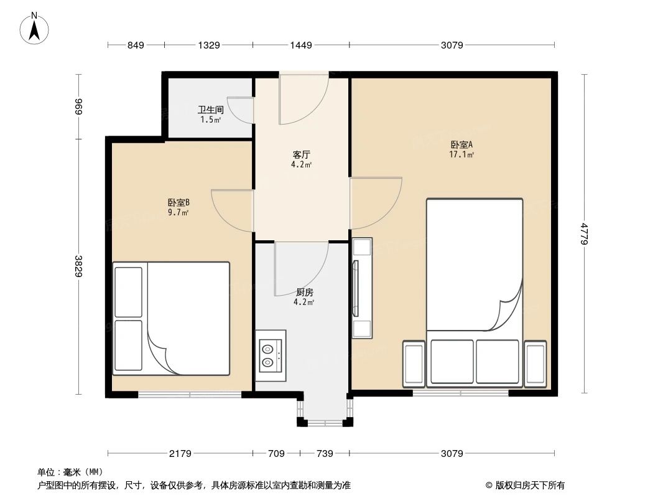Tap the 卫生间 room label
point(211,110)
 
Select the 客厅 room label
point(302,154)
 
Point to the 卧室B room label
point(178,202)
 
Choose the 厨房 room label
point(304,292)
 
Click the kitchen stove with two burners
point(271,355)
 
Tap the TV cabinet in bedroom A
point(361,288)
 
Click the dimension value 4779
point(583,233)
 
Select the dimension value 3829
point(78,268)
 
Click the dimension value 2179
point(180,453)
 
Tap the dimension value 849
point(136,45)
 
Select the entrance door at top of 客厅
point(303,98)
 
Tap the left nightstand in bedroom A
point(414,364)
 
